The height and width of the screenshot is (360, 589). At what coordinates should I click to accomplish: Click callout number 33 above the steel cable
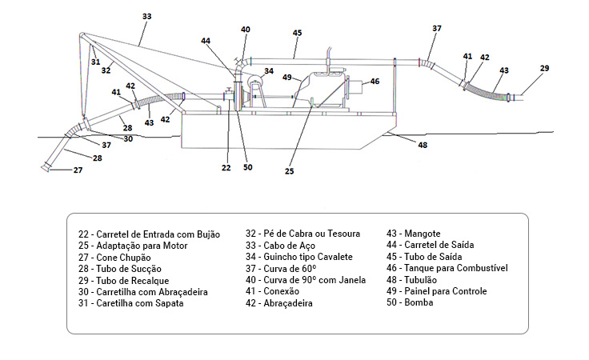tap(147, 17)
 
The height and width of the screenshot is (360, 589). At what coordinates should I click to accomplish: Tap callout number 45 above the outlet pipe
tap(297, 33)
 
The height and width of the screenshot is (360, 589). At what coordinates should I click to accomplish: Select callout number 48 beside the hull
tap(423, 145)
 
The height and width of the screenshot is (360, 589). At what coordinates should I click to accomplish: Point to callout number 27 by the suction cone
tap(78, 170)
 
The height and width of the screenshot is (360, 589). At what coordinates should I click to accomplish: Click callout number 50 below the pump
tap(247, 167)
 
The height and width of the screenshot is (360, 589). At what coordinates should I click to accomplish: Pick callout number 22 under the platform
tap(226, 168)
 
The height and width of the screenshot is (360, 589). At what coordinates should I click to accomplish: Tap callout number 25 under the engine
tap(289, 171)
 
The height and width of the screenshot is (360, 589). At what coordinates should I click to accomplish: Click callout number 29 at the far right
tap(544, 68)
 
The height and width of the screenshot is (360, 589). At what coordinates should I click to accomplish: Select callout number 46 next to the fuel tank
tap(375, 82)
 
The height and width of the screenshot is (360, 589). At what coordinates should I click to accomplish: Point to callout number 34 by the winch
tap(269, 71)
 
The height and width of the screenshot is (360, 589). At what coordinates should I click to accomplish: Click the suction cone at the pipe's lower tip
tap(46, 167)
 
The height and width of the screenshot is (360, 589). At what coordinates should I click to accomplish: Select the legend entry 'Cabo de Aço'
tap(289, 246)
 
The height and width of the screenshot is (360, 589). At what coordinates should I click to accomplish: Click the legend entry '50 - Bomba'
tap(410, 302)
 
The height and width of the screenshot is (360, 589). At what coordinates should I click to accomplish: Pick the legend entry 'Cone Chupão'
tap(123, 258)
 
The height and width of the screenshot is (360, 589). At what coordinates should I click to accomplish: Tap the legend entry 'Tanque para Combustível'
tap(456, 269)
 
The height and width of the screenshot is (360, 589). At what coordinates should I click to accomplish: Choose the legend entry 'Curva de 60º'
tap(290, 269)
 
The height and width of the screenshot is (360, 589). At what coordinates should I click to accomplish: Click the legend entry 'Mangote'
tap(423, 234)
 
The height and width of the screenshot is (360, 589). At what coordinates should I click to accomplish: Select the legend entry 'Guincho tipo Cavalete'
tap(308, 257)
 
